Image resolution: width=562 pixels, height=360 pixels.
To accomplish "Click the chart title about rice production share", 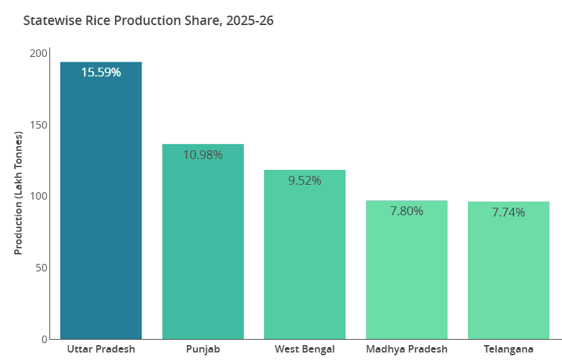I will [148, 21].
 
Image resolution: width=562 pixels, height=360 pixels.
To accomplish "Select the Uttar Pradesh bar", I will [101, 203].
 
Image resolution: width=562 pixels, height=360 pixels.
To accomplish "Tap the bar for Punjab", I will [202, 244].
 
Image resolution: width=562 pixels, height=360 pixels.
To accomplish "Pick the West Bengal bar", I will [305, 257].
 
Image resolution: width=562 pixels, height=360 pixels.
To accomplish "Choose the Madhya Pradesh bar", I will [406, 271].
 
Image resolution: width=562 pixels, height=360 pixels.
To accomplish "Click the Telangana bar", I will [509, 271].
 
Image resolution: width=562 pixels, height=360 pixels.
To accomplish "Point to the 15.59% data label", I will [101, 72].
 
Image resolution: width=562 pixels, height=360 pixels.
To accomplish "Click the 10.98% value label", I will [202, 154].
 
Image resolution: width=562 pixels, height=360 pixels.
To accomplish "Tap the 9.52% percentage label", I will [305, 181].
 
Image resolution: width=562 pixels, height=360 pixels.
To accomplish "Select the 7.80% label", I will [406, 211].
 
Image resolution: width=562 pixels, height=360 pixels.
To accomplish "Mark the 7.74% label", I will [509, 212].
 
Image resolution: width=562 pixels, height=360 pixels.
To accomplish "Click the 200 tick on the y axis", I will [39, 53].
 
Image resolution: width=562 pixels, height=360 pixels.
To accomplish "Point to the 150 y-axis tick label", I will [39, 125].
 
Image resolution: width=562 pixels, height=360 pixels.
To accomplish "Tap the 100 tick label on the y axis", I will [39, 196].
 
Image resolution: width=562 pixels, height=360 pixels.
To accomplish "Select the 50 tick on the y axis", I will [42, 268].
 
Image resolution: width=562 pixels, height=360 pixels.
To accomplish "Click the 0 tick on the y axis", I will [45, 339].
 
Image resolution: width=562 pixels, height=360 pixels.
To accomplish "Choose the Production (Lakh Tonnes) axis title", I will [18, 193].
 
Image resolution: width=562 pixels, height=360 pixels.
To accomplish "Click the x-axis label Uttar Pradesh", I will [101, 349].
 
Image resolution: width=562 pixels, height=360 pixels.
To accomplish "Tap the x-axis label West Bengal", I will [305, 349].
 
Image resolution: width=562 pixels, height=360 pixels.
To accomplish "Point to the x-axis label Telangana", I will [509, 349].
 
